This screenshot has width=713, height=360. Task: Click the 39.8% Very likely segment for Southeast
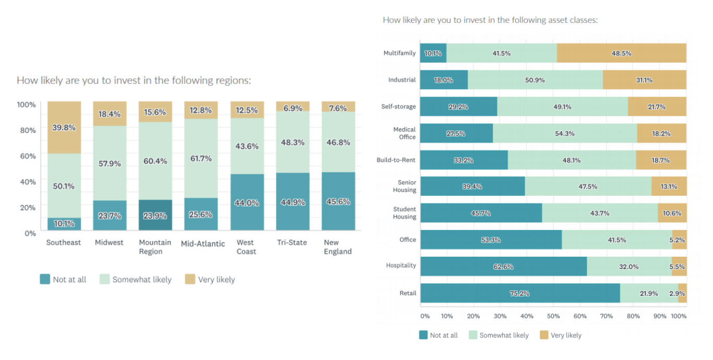pos(64,128)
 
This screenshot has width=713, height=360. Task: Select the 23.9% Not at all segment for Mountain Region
pos(156,215)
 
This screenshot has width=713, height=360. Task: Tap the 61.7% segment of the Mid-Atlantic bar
pos(201,158)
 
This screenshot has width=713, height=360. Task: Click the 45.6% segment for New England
pos(338,201)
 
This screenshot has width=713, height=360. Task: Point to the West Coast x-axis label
pos(245,247)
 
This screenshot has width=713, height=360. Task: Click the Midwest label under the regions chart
pos(109,243)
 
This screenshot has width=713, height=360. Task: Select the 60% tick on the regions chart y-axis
pos(27,156)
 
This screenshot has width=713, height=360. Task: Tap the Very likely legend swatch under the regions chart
pos(189,279)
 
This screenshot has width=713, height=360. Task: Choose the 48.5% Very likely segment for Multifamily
pos(621,53)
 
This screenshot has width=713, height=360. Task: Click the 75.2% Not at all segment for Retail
pos(520,293)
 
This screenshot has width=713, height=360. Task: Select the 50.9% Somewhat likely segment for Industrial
pos(536,80)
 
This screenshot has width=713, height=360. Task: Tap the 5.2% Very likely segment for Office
pos(679,239)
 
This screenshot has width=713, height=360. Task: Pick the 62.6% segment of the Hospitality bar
pos(504,266)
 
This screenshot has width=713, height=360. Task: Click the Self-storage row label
pos(398,106)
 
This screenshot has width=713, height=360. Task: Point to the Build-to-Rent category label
pos(396,160)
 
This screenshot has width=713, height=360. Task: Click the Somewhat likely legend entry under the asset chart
pos(504,335)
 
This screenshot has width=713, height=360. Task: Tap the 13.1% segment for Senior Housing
pos(669,186)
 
